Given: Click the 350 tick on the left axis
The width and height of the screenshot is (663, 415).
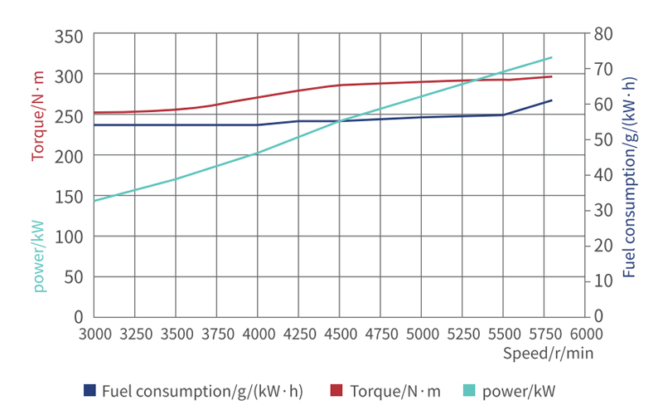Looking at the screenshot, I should pos(70,37).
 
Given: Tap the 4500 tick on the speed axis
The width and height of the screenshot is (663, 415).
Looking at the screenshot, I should pos(339,334).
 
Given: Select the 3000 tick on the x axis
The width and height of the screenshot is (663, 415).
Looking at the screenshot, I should pos(94,334).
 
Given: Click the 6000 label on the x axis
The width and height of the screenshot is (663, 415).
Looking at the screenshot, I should pos(586,334).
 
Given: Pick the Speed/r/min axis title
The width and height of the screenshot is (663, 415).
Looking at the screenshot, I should pos(548,352).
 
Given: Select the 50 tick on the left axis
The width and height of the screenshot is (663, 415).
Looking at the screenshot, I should pos(74,276).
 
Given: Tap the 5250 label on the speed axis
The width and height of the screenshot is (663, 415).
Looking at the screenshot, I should pos(462,334).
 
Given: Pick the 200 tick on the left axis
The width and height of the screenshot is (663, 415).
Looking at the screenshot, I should pos(70,155).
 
